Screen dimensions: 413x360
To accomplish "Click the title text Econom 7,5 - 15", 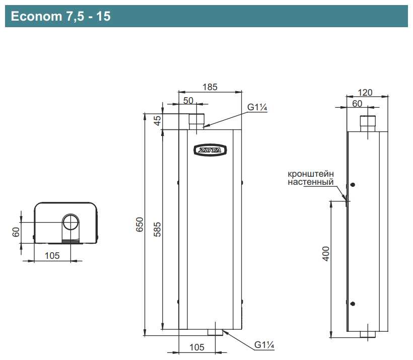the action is (x=60, y=16).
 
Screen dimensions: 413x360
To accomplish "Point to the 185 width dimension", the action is (x=210, y=87).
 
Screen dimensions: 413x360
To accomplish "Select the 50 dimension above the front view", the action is (x=188, y=101).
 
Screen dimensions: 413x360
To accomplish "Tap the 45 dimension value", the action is (x=157, y=121).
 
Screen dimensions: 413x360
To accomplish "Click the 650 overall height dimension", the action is (x=140, y=225).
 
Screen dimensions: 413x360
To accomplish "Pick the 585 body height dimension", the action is (x=157, y=230).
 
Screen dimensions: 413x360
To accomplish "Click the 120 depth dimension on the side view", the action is (x=365, y=93).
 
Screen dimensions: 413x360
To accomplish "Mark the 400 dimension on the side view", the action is (x=326, y=254).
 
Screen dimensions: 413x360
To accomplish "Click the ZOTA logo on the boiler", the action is (x=210, y=151).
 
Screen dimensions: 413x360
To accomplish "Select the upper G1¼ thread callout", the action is (x=257, y=107).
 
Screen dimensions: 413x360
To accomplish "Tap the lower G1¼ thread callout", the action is (x=264, y=345).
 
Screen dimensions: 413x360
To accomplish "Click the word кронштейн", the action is (x=311, y=174).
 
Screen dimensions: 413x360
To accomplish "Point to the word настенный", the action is (x=311, y=182).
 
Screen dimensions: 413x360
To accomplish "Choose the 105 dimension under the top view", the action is (x=52, y=255).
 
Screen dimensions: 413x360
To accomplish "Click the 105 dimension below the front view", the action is (x=197, y=347).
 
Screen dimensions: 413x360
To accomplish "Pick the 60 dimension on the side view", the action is (x=357, y=104).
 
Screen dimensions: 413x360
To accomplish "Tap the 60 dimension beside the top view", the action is (x=16, y=232).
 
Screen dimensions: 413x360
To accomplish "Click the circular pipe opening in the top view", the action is (x=71, y=222).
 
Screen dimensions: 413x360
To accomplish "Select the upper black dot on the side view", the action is (x=353, y=185).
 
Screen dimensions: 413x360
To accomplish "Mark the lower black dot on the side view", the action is (x=353, y=304).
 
